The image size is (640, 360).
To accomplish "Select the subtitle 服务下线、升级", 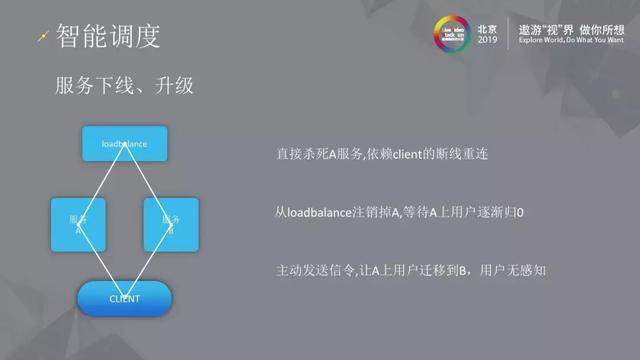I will point(124,88).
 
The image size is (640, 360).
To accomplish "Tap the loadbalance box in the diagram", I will point(125,145).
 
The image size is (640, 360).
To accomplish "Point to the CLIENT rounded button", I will point(125,298).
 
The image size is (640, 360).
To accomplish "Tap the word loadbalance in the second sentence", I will point(318,213).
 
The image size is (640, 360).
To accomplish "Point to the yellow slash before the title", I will point(40,38).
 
